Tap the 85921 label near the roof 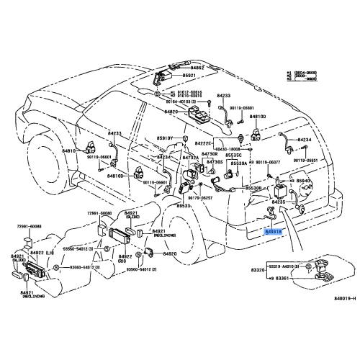click(x=189, y=76)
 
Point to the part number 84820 click(x=171, y=112)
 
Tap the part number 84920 click(x=169, y=255)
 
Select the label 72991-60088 click(x=30, y=226)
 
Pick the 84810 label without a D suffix click(x=68, y=152)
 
